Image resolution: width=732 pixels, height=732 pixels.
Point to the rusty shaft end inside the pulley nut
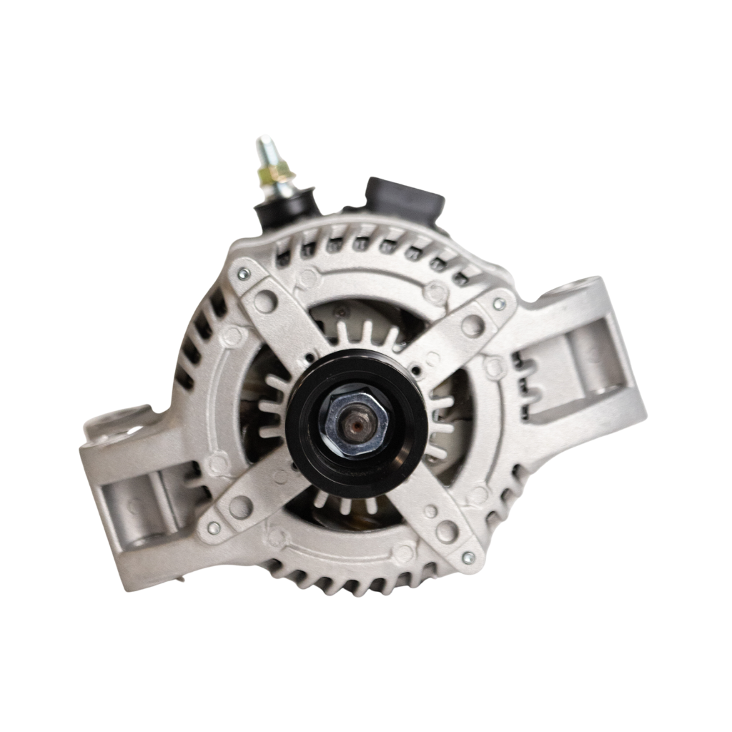pos(356,426)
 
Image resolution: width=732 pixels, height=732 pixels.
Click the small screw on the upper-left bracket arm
pos(244,272)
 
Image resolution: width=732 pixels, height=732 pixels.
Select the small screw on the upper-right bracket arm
pos(499,304)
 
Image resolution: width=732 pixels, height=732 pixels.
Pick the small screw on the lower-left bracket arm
pos(213,528)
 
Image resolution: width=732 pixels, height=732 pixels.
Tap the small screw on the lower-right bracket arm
pos(468,557)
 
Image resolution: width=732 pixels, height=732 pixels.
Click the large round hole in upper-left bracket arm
pos(265,301)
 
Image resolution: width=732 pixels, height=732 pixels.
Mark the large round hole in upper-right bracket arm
pos(471,326)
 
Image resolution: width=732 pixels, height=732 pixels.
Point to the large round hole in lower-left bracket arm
pos(240,506)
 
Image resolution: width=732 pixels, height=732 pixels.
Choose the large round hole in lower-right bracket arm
pos(447,530)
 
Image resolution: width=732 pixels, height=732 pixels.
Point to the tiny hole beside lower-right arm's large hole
pos(429,511)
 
